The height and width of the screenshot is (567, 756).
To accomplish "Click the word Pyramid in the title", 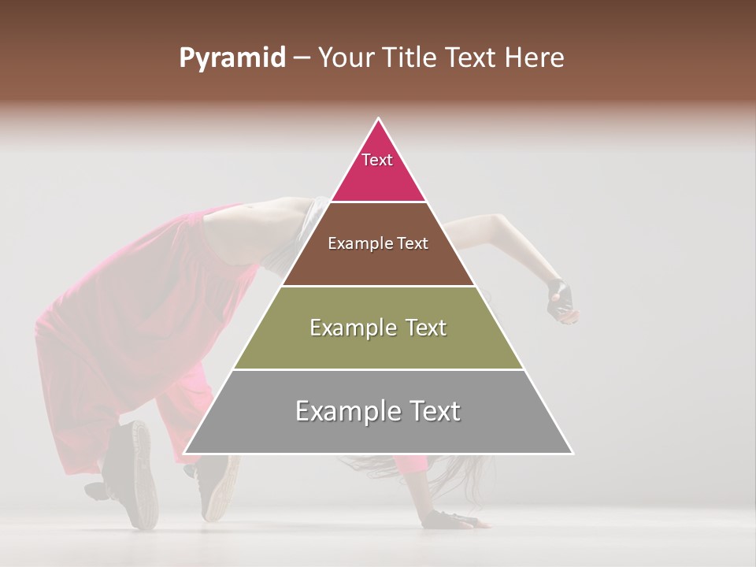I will click(232, 58).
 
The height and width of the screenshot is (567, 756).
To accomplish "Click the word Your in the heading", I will click(347, 58).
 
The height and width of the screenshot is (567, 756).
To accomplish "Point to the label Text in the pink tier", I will click(377, 160).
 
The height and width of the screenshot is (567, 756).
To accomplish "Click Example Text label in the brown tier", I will click(378, 243).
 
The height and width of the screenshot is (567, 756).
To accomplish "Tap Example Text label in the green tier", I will click(378, 328).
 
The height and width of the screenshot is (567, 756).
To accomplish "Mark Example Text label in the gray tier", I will click(378, 411).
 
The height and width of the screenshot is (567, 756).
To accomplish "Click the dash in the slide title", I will click(302, 58).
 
